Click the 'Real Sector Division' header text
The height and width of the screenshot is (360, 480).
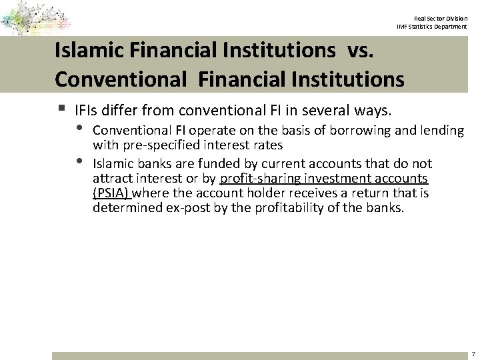[441, 18]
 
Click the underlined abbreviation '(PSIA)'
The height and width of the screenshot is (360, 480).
[111, 193]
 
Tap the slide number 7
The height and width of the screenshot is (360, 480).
[472, 353]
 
